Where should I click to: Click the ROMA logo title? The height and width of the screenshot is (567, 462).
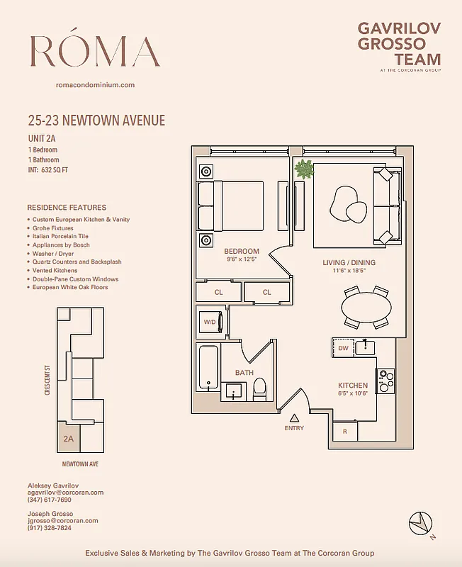pyautogui.click(x=95, y=51)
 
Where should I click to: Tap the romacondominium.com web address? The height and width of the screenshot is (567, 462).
pyautogui.click(x=95, y=85)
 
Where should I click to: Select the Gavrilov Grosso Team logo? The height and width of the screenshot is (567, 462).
pyautogui.click(x=399, y=45)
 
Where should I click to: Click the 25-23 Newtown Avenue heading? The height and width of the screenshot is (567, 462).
pyautogui.click(x=96, y=120)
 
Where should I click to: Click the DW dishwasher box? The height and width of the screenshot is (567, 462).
pyautogui.click(x=344, y=348)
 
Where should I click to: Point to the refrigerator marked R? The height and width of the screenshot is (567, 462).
pyautogui.click(x=345, y=431)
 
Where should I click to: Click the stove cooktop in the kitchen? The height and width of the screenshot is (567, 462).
pyautogui.click(x=386, y=381)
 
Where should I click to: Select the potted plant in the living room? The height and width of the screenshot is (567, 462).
pyautogui.click(x=305, y=169)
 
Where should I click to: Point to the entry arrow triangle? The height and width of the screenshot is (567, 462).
pyautogui.click(x=294, y=417)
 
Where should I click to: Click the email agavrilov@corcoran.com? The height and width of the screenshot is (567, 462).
pyautogui.click(x=65, y=492)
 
